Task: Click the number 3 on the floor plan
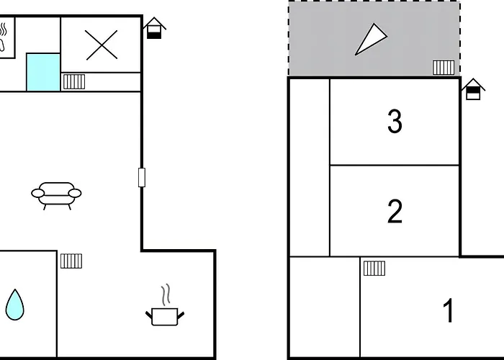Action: (x=395, y=121)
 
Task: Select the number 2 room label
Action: (x=395, y=211)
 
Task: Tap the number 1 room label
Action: (x=449, y=310)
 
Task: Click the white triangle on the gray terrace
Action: (x=371, y=39)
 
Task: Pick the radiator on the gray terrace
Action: (x=444, y=68)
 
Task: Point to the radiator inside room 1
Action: (x=374, y=269)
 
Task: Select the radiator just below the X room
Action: (x=74, y=81)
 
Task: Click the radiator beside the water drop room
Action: (x=71, y=261)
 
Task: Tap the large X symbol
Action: (x=102, y=45)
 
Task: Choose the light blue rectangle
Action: (x=43, y=72)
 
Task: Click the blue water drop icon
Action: (x=15, y=305)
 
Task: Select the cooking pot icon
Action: (x=165, y=317)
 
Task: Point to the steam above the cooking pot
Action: (x=166, y=294)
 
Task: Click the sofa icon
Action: (x=56, y=196)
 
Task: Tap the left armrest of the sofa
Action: (x=38, y=193)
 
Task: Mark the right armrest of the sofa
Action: (x=75, y=193)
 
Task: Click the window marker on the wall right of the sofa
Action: (x=142, y=177)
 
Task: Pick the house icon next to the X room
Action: (x=154, y=28)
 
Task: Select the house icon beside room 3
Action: (x=473, y=89)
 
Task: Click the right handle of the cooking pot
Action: (x=181, y=315)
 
